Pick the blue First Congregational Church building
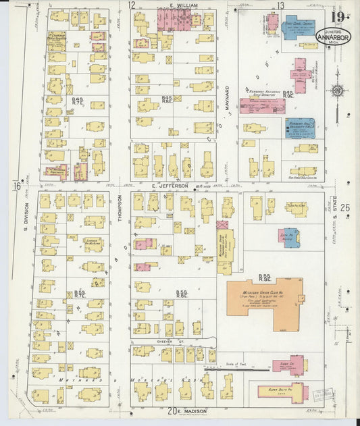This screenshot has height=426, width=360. [298, 28]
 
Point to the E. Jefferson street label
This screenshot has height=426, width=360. [164, 185]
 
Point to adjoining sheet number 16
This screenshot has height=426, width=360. [15, 186]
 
